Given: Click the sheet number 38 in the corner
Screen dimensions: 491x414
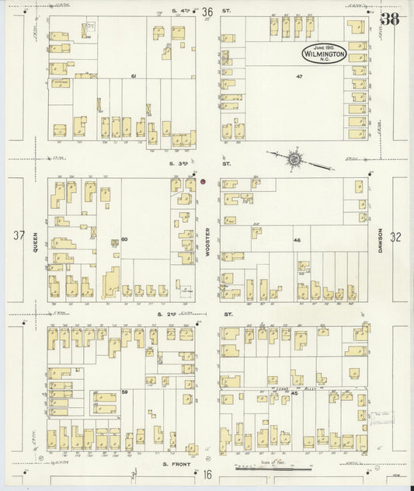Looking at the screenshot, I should tap(390, 19).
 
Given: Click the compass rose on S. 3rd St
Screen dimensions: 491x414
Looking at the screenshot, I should tap(294, 159).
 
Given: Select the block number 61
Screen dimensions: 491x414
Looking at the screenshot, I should tap(134, 76).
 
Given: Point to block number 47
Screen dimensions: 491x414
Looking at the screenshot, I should tap(298, 76).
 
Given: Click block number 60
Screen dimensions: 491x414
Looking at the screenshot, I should tap(124, 239).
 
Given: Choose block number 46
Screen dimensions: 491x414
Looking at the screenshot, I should tap(297, 240).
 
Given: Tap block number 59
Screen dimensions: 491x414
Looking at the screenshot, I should tap(124, 392).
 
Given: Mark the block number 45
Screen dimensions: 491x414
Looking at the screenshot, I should tap(295, 394).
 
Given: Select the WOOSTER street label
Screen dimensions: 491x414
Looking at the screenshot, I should tap(208, 242).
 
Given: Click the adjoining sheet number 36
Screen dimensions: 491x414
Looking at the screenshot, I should tap(207, 12).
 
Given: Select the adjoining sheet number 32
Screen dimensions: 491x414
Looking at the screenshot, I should tap(396, 238).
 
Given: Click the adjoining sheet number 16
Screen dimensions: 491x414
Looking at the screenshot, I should tap(207, 474).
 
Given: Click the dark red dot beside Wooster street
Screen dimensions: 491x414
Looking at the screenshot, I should tap(203, 182).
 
